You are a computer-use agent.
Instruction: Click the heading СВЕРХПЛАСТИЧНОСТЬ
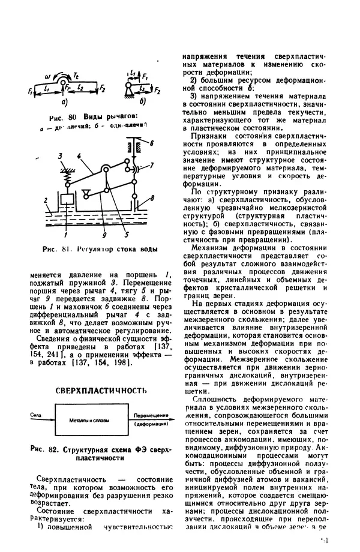point(101,391)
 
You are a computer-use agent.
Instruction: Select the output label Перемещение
point(150,415)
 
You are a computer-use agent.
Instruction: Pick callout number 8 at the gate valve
point(154,197)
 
